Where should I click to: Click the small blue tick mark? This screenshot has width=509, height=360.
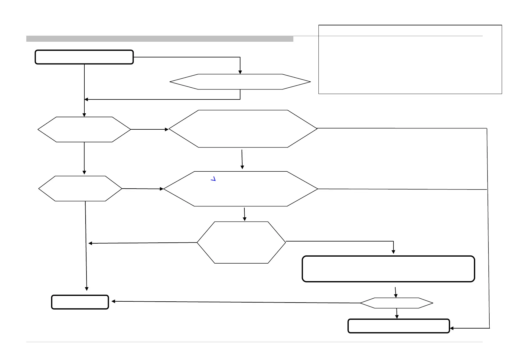pyautogui.click(x=213, y=179)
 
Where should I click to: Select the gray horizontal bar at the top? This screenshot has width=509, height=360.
pyautogui.click(x=160, y=39)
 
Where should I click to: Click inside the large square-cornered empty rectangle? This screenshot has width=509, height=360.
pyautogui.click(x=410, y=60)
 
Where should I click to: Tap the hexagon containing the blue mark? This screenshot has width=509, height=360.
pyautogui.click(x=241, y=189)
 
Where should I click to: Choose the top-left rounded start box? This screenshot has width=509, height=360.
pyautogui.click(x=84, y=57)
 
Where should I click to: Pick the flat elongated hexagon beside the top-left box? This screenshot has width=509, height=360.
pyautogui.click(x=240, y=82)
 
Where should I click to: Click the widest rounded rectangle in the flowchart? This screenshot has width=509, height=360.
pyautogui.click(x=388, y=269)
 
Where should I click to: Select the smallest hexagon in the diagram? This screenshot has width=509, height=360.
pyautogui.click(x=396, y=303)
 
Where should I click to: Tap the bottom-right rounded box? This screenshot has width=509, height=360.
pyautogui.click(x=399, y=326)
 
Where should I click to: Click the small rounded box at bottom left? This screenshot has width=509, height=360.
pyautogui.click(x=80, y=302)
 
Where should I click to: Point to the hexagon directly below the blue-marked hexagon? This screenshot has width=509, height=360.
pyautogui.click(x=241, y=242)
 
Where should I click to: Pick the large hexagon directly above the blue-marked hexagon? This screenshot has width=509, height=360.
pyautogui.click(x=243, y=129)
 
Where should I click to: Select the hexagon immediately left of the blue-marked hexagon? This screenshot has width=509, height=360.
pyautogui.click(x=80, y=189)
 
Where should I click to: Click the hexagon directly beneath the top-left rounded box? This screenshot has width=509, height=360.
pyautogui.click(x=84, y=129)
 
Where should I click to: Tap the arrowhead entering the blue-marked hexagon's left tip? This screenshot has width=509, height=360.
pyautogui.click(x=162, y=189)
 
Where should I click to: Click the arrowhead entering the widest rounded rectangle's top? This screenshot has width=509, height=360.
pyautogui.click(x=393, y=251)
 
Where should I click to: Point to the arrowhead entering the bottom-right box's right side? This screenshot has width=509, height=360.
pyautogui.click(x=452, y=328)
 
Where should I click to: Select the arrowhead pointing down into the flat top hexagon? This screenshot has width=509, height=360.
pyautogui.click(x=240, y=72)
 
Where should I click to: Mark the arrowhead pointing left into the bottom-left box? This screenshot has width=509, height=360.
pyautogui.click(x=113, y=301)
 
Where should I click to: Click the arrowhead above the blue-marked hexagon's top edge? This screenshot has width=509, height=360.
pyautogui.click(x=242, y=167)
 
